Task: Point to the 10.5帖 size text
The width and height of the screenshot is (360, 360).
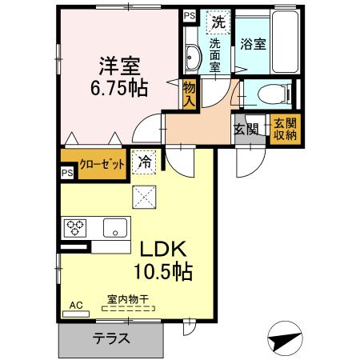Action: [162, 272]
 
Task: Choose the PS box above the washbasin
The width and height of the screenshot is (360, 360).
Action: [190, 16]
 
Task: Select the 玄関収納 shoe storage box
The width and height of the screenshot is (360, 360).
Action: [284, 129]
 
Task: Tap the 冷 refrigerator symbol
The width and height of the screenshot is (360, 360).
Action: [146, 162]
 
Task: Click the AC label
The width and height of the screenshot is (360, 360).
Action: [76, 305]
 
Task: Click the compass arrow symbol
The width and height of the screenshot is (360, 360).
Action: [285, 339]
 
